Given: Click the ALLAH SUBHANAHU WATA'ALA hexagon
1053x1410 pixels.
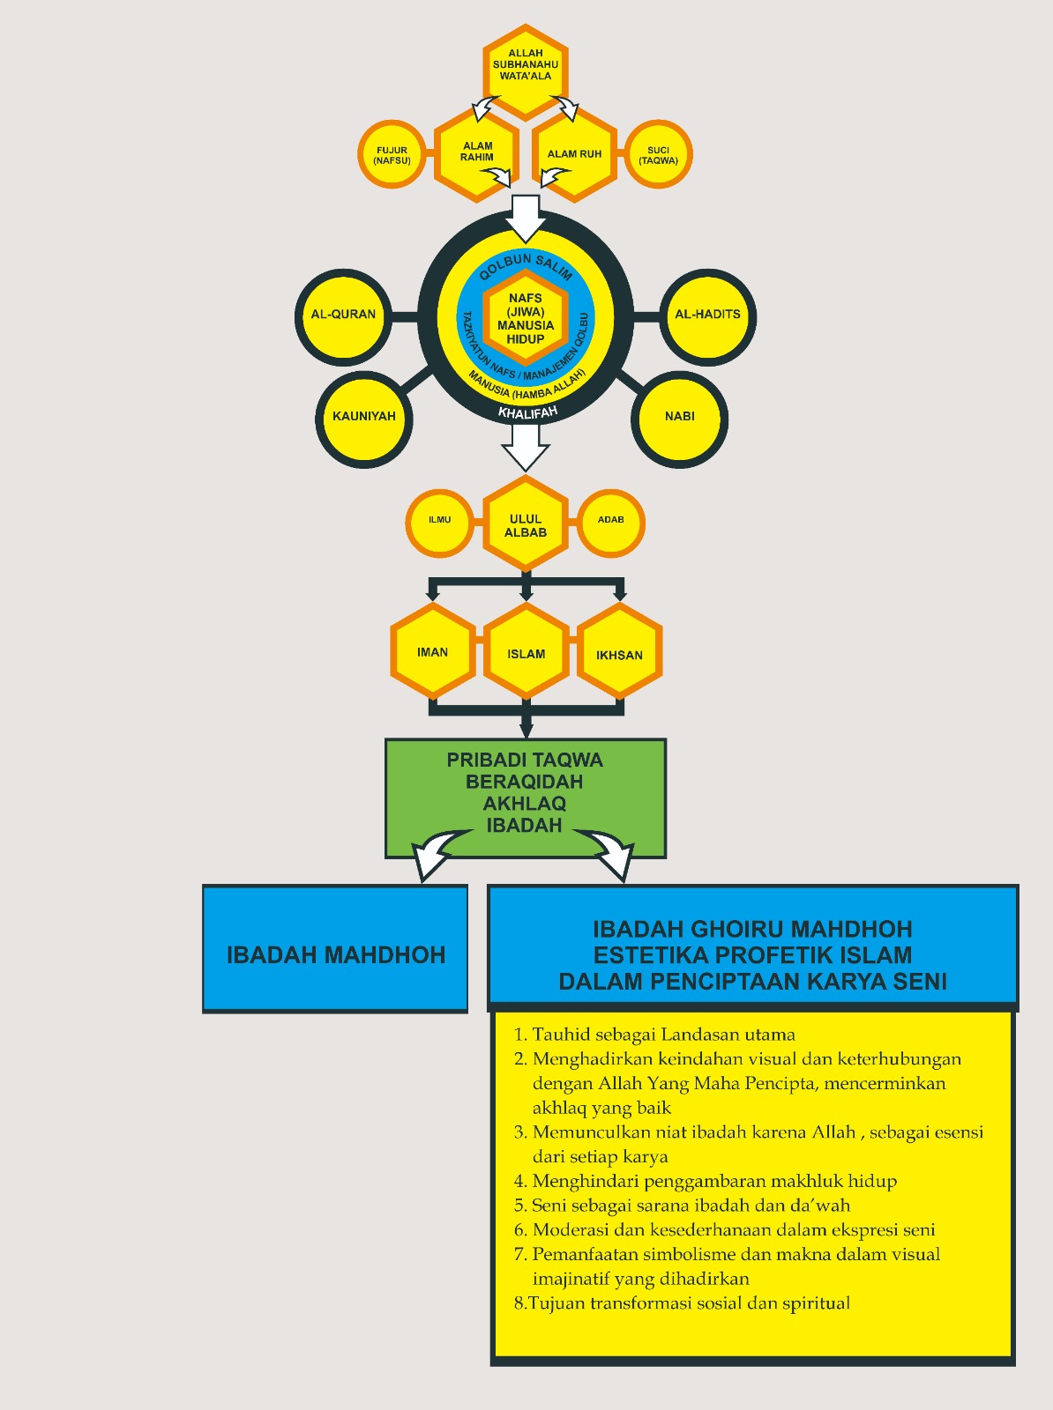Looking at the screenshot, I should tap(526, 69).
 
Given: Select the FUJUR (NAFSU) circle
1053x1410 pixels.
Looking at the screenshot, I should tap(392, 155).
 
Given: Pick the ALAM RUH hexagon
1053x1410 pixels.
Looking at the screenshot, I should tap(574, 154).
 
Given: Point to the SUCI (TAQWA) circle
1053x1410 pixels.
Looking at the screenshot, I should tap(658, 155).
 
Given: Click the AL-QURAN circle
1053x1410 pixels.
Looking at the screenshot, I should tap(343, 315).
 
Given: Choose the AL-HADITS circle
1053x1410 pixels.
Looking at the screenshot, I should tap(707, 315).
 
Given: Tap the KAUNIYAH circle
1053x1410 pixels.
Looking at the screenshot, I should tap(364, 417).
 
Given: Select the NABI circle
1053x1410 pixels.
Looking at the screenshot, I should tap(680, 417).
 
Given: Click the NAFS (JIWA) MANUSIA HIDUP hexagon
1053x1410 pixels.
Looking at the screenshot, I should tap(526, 318).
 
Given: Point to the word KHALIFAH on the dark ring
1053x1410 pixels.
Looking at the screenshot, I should tap(527, 412).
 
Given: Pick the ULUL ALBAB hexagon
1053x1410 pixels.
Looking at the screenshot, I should tap(526, 525).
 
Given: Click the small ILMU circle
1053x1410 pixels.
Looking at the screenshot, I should tap(439, 521).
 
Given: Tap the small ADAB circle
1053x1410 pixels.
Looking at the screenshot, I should tap(611, 521).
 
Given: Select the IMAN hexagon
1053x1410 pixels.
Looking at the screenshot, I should tap(433, 652).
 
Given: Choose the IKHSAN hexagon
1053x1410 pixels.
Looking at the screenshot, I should tap(619, 655).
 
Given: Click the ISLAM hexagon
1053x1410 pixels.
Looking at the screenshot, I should tap(526, 653).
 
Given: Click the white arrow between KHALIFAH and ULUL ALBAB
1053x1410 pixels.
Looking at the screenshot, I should tap(526, 447).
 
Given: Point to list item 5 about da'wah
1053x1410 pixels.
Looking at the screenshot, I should tap(691, 1206).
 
